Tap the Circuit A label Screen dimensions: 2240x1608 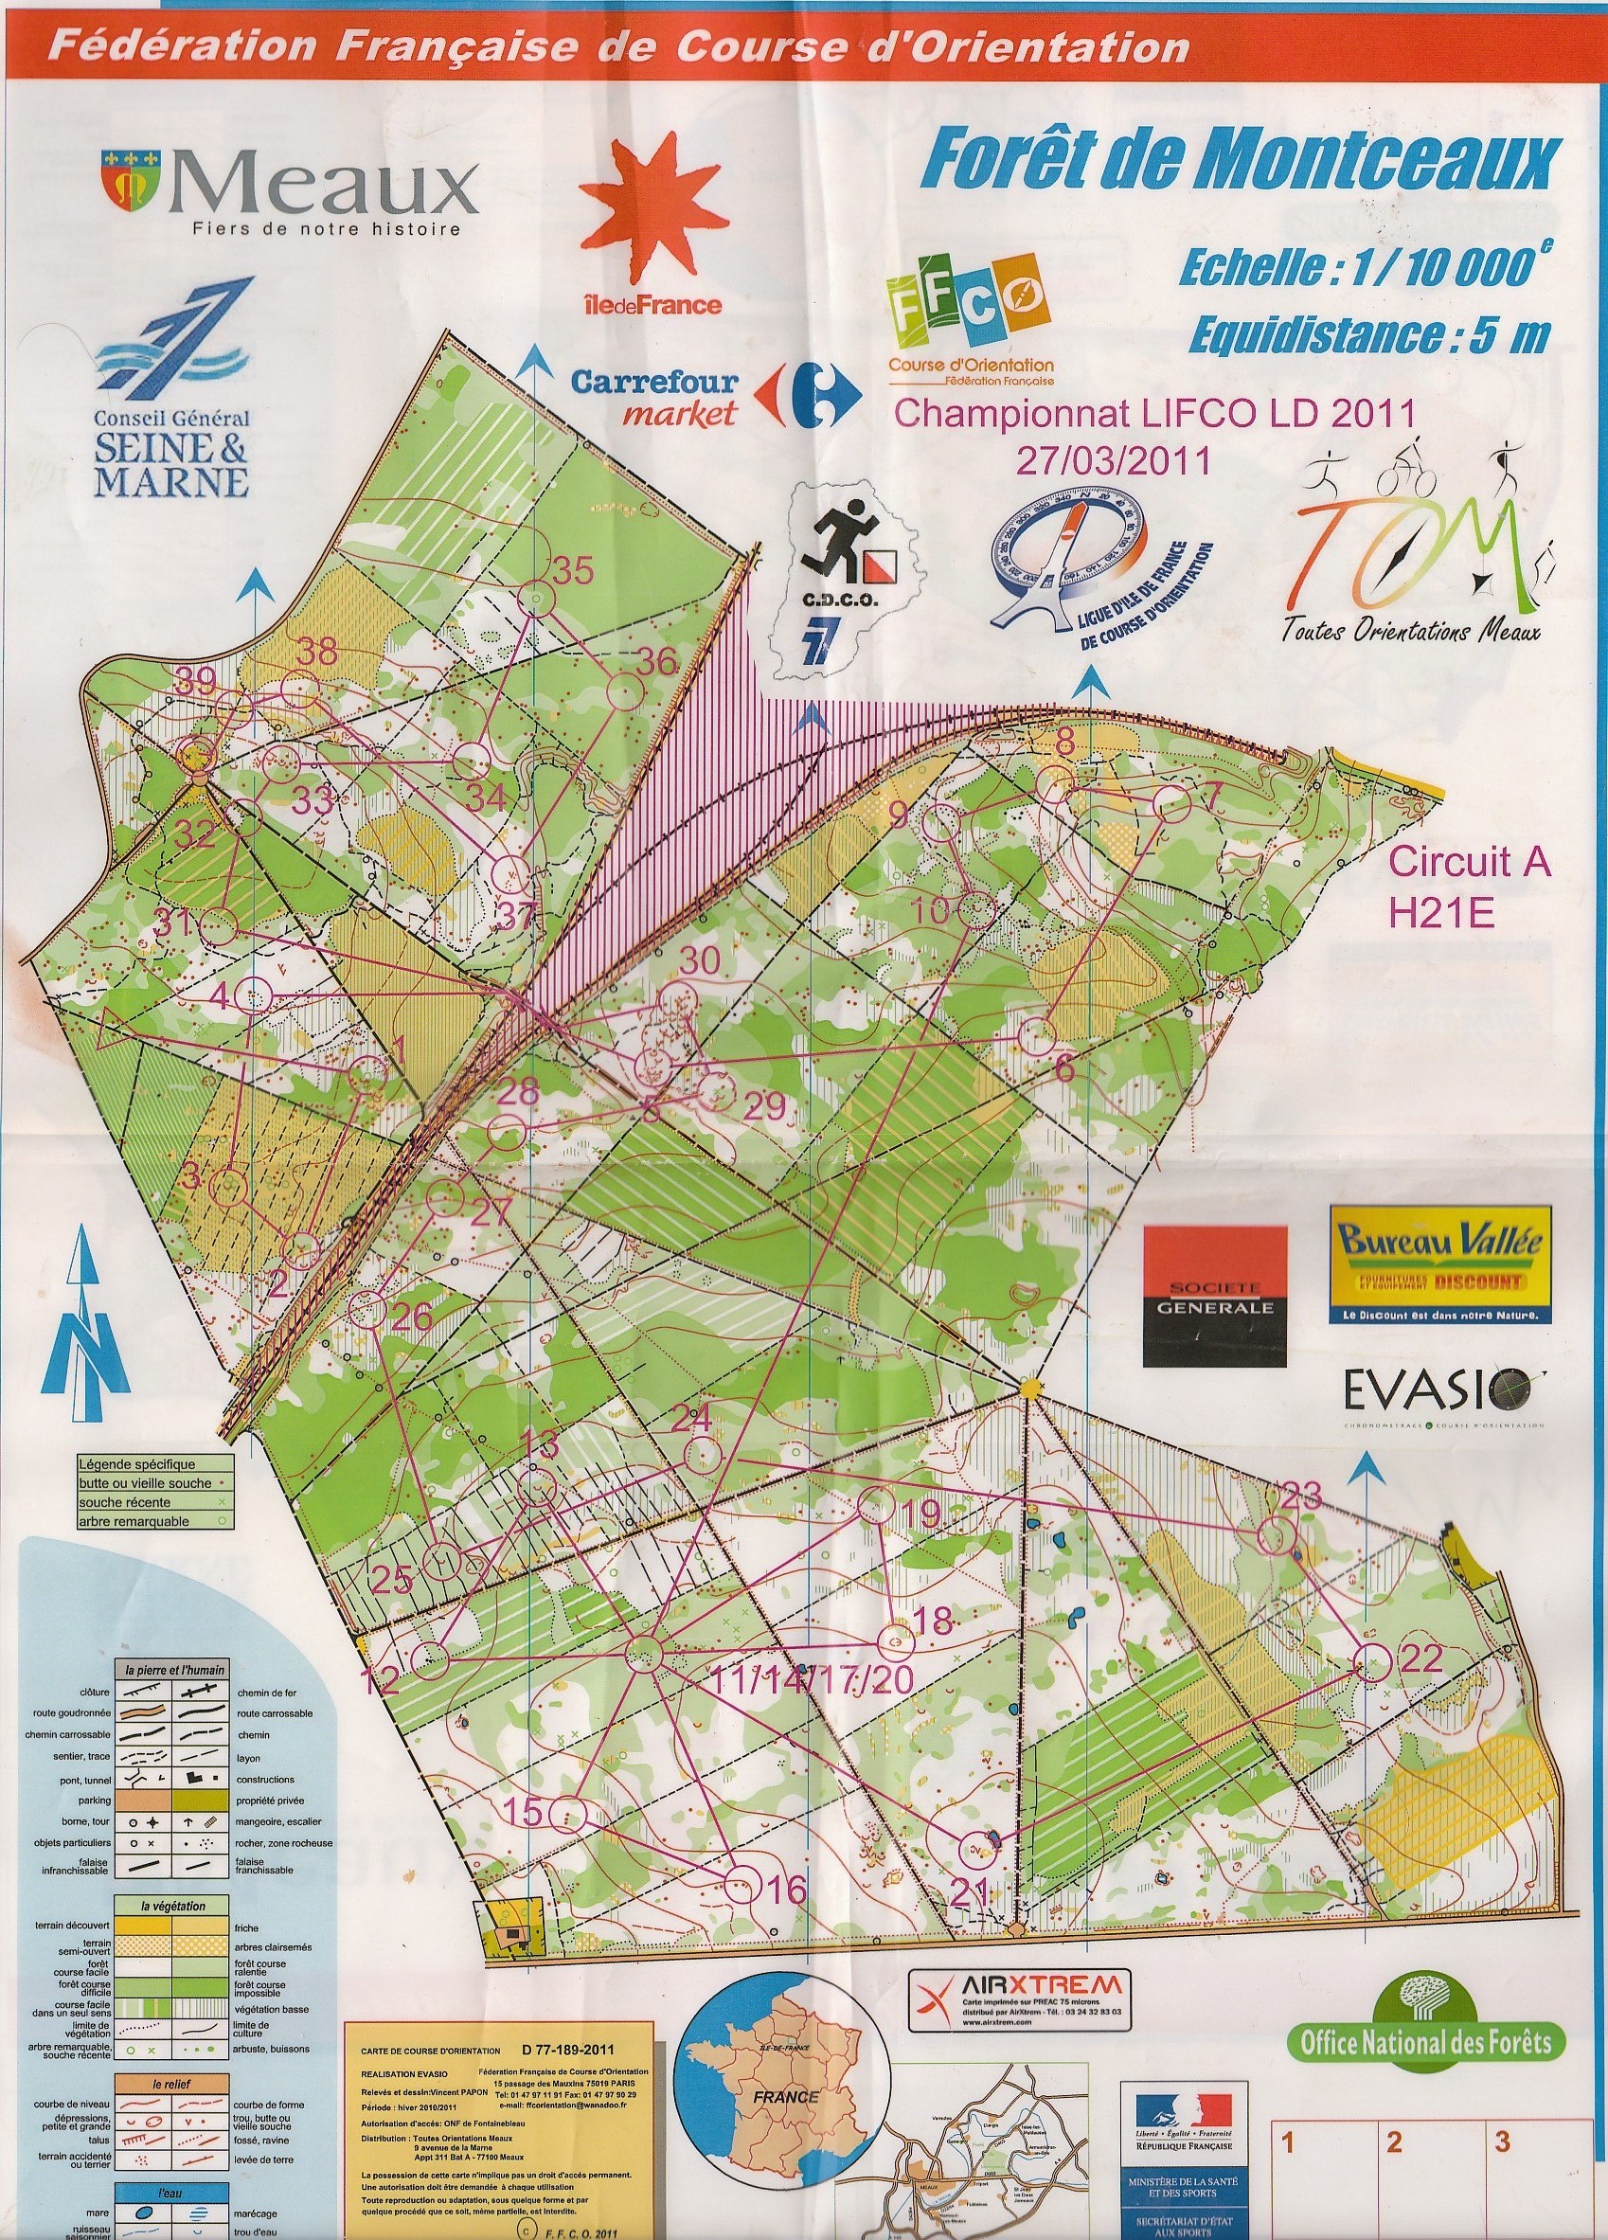pyautogui.click(x=1470, y=863)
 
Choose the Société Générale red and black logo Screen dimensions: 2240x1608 pyautogui.click(x=1215, y=1296)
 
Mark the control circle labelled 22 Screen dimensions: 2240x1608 pyautogui.click(x=1373, y=1663)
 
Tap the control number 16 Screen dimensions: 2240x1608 pyautogui.click(x=787, y=1891)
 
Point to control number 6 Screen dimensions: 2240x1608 pyautogui.click(x=1063, y=1067)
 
